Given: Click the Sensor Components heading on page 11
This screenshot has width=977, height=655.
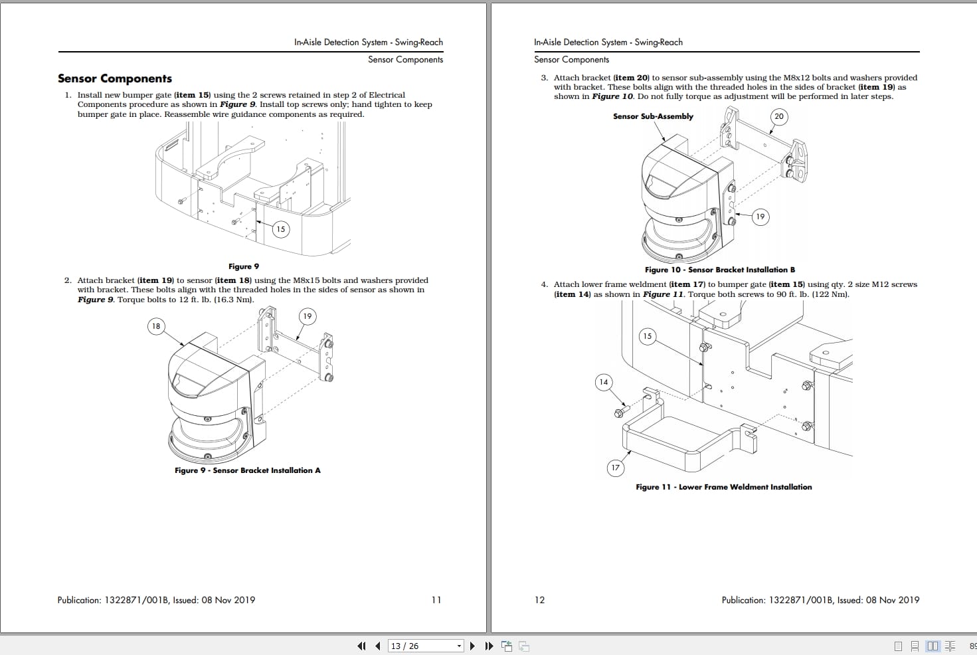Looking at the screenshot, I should (115, 78).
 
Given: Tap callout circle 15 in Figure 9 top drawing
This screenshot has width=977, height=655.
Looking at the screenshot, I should (280, 229).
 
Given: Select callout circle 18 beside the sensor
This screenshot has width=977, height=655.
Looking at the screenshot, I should (156, 326).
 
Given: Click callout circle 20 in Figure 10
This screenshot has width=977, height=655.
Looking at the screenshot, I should (779, 117).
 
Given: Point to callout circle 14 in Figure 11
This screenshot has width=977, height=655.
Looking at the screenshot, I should (603, 382).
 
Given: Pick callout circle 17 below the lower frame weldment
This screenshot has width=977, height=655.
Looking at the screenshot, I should (616, 468).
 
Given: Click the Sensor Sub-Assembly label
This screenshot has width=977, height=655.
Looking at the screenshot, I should (653, 116).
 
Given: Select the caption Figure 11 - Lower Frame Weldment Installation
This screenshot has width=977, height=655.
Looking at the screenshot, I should (723, 487).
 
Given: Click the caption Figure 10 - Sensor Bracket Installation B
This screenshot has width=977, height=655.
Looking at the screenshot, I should (719, 270).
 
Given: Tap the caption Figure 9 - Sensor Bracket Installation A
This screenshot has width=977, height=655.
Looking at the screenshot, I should (247, 470).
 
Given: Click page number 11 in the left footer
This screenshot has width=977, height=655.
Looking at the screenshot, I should (436, 600).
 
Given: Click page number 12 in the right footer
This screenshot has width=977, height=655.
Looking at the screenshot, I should (539, 600).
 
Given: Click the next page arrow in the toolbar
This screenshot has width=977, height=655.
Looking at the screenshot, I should (472, 646).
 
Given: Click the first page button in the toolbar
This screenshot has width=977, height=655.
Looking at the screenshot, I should (361, 646).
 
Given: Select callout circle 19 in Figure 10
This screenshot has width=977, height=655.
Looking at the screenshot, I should (760, 217).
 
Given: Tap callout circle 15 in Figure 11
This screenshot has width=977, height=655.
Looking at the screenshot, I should (647, 336).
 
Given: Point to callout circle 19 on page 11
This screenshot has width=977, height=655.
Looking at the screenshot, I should (307, 316).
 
